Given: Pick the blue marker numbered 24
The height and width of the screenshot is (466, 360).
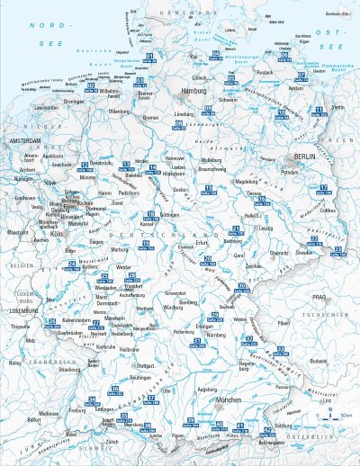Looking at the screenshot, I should [x=71, y=264].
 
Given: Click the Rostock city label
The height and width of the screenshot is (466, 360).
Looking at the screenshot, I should [x=264, y=72].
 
